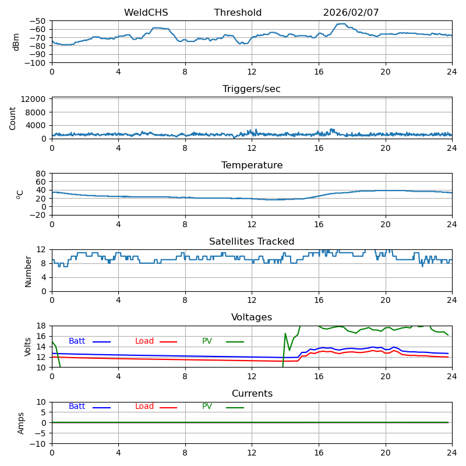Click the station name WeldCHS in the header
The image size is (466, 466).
146,13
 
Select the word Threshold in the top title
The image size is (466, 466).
238,13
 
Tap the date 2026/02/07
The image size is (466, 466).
351,13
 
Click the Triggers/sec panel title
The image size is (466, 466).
252,89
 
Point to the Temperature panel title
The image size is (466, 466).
252,165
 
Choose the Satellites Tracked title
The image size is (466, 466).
252,242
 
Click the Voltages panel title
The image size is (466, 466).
252,317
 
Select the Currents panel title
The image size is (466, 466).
252,394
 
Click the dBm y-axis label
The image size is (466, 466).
16,42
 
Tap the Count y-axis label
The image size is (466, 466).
13,118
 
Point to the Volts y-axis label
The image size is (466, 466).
28,346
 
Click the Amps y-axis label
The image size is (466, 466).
21,422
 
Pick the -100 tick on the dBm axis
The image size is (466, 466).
36,63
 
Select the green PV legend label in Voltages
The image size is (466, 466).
207,341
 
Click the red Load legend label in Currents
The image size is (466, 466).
144,407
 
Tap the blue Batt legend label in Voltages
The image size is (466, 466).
77,341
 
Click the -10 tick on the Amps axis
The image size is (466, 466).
40,444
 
